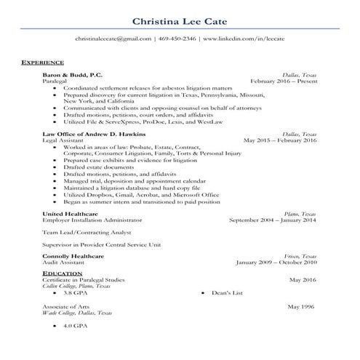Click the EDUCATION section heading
click(63, 273)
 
